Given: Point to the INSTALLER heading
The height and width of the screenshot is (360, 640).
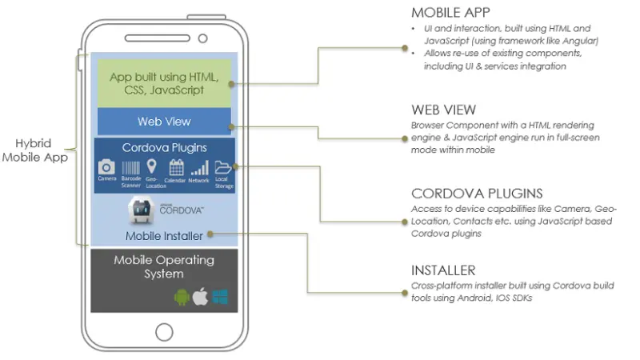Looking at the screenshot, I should (x=443, y=270).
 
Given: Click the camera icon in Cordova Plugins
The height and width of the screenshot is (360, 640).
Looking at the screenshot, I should (x=106, y=166).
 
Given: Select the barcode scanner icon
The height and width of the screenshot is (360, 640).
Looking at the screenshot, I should (x=130, y=166).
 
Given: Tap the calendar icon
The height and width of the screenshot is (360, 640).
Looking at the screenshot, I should (x=177, y=166).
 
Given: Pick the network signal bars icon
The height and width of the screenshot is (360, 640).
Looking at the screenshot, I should (x=199, y=166).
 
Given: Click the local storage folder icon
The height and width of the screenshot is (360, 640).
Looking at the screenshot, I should (x=222, y=166).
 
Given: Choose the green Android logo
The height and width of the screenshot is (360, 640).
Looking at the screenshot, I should (x=182, y=298).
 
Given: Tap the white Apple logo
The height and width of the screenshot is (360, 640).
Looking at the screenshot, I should (x=201, y=297).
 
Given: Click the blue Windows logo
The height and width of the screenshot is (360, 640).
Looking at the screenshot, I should (x=220, y=298).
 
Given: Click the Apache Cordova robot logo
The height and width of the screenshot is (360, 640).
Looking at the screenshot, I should (x=143, y=210).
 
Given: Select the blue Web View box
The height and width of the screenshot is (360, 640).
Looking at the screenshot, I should (x=164, y=122).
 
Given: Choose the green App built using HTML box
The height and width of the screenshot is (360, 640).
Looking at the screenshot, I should (x=164, y=83).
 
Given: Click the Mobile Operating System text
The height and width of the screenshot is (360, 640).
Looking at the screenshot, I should (x=164, y=266).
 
